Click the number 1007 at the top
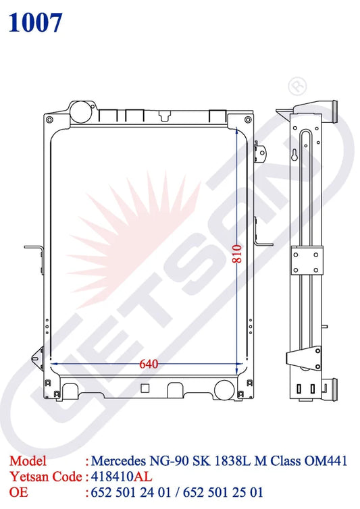(x=35, y=23)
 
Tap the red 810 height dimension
(x=237, y=254)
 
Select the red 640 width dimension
(x=149, y=364)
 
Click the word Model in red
(x=28, y=460)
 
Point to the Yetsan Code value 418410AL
(x=121, y=477)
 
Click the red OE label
(x=18, y=492)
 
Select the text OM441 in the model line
(x=326, y=460)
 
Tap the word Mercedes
(x=118, y=460)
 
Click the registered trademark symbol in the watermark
(x=297, y=86)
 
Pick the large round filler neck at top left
(x=80, y=111)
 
